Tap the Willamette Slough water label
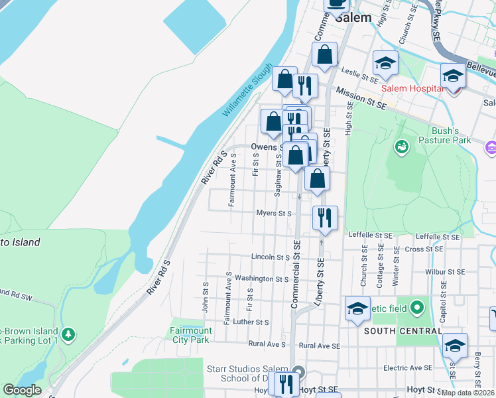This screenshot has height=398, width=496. pos(247,91)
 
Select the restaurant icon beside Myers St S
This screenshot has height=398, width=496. pos(324,217)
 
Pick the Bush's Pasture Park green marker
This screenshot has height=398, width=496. pos(401,146)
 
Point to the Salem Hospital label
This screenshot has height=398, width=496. pos(411,88)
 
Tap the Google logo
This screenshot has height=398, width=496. pos(22,390)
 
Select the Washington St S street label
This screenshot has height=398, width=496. pos(261,279)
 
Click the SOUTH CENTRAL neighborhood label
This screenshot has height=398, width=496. pos(402,330)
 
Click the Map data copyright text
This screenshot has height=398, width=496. pos(467,393)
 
